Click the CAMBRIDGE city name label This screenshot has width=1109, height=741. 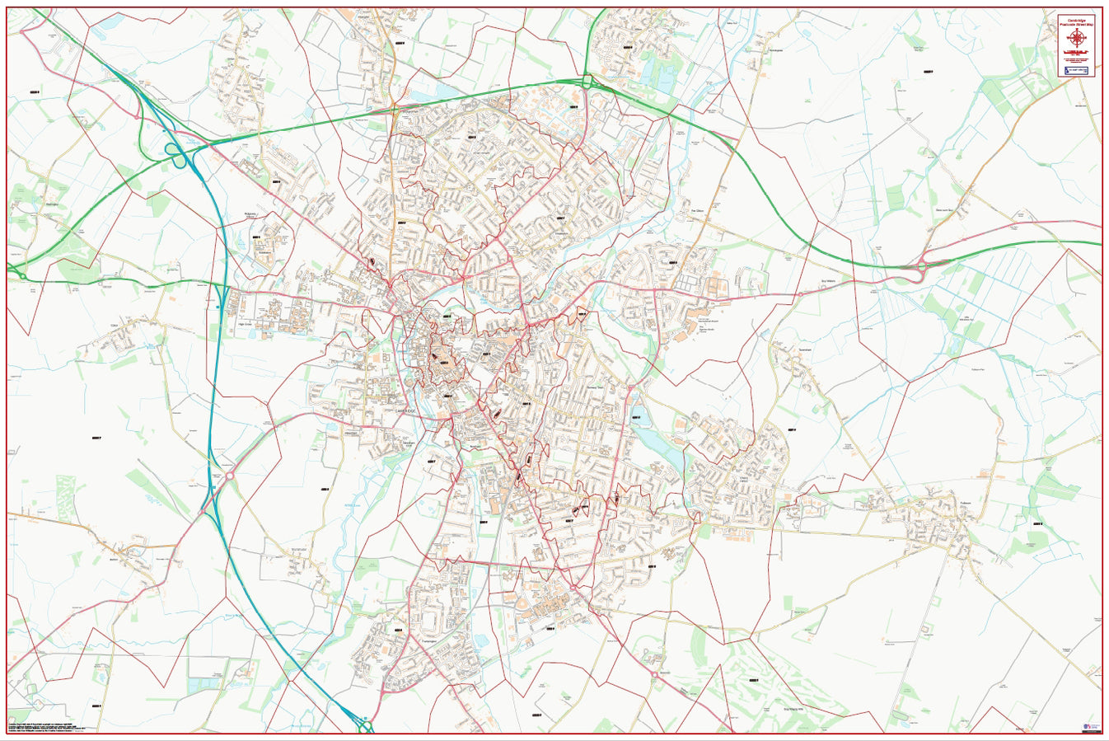point(407,410)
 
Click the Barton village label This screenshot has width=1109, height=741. point(115,559)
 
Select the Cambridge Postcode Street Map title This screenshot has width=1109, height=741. point(1076,22)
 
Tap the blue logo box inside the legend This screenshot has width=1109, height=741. point(1076,72)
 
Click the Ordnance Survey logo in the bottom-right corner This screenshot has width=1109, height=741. point(1089,726)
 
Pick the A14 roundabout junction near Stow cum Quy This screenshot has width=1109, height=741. point(921,266)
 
